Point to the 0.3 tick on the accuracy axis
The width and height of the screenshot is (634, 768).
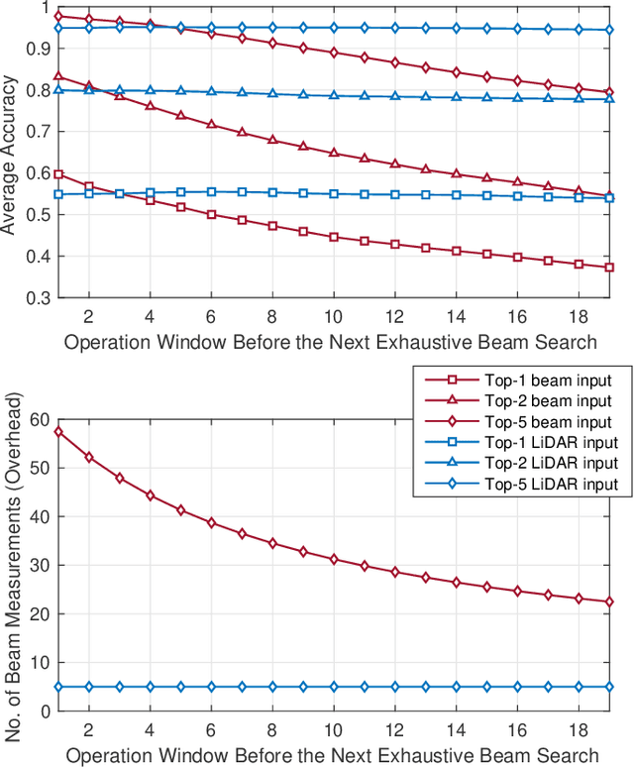(x=44, y=297)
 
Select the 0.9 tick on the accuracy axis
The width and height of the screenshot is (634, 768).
(x=44, y=48)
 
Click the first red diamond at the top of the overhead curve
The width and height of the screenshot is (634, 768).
(x=59, y=432)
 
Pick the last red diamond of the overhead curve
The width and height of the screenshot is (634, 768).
(x=609, y=602)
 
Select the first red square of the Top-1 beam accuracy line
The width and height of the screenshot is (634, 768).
(x=59, y=174)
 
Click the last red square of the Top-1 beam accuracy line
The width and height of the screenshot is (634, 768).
(x=609, y=268)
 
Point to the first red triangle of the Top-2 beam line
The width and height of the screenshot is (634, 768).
(x=59, y=75)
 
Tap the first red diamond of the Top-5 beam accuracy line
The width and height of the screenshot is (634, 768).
(x=59, y=16)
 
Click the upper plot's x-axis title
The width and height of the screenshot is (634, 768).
(x=331, y=342)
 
